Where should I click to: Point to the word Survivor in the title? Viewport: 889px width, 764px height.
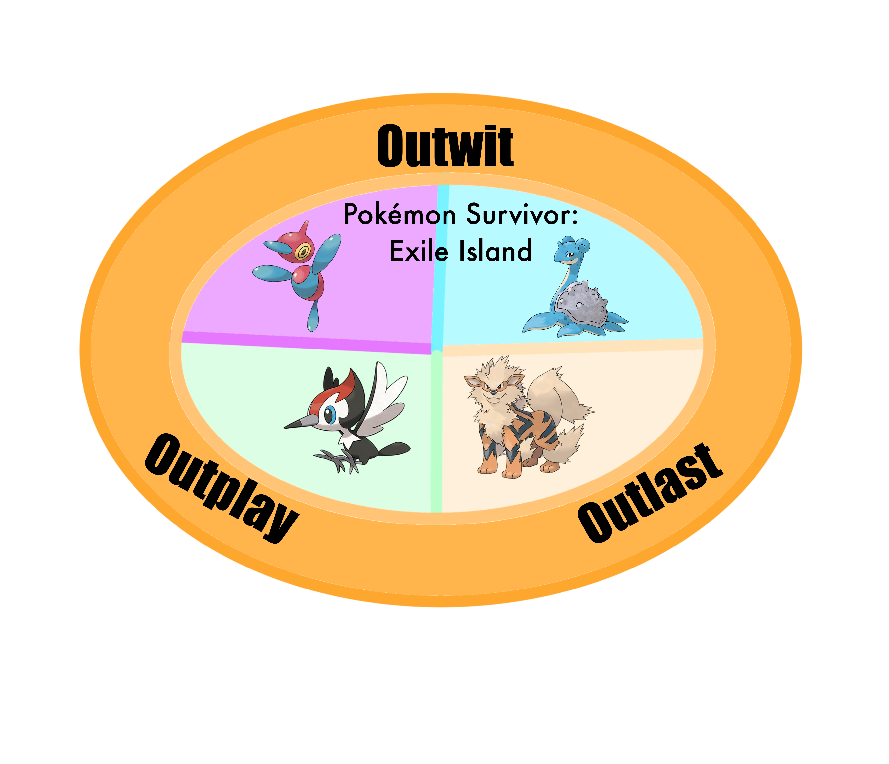(x=522, y=215)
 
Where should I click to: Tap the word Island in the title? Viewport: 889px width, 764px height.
(x=496, y=251)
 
